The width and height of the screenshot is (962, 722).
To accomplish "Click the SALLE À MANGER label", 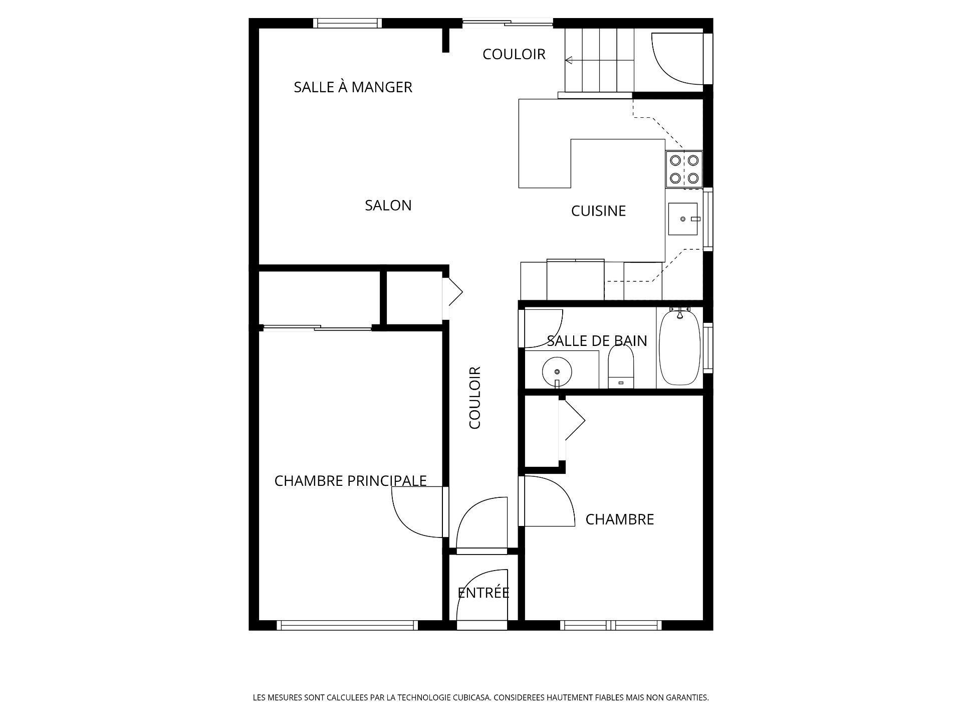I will (353, 87).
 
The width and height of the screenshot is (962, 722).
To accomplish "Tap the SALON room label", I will (388, 206).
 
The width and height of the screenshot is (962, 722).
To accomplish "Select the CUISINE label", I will (598, 211).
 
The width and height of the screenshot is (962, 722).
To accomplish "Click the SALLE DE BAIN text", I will (597, 341).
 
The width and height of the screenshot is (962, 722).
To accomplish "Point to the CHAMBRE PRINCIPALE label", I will (350, 481).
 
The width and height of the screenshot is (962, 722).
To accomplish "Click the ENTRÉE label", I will (484, 593).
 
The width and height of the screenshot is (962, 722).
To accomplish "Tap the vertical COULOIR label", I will (474, 398).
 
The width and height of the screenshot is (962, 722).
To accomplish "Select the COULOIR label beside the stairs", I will (514, 54).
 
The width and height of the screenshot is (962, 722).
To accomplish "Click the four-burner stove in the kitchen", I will (684, 169).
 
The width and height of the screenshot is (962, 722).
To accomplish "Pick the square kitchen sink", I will (682, 219).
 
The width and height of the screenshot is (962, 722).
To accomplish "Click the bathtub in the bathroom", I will (679, 347).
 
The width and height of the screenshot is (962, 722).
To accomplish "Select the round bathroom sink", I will (557, 372).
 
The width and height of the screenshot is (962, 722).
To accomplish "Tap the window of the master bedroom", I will (347, 625).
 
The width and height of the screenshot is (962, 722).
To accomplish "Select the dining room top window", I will (347, 23).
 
